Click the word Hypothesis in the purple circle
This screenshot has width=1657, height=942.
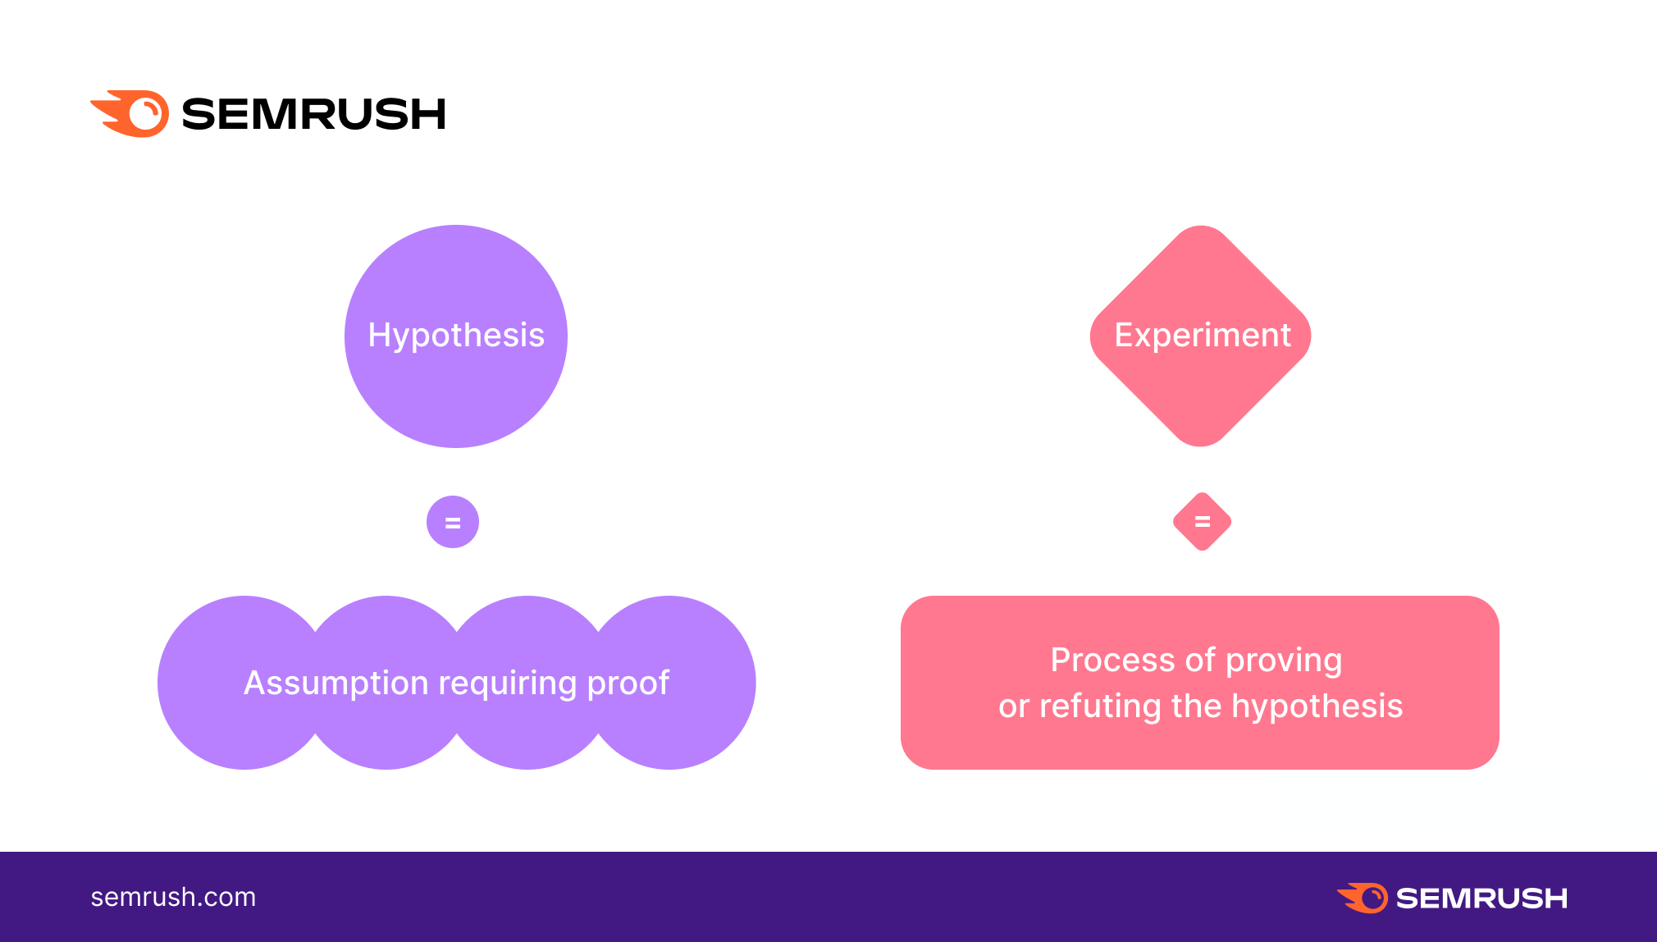tap(456, 336)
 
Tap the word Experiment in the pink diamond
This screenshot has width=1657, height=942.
tap(1203, 336)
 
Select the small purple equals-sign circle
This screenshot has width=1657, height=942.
tap(453, 522)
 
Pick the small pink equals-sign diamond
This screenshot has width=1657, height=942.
tap(1203, 522)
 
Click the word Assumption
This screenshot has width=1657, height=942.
tap(336, 684)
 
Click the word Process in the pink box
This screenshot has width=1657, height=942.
tap(1113, 661)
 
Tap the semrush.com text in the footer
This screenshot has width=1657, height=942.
tap(173, 897)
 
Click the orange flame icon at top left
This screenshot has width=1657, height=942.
tap(130, 113)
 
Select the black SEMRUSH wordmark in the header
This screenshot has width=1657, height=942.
tap(313, 114)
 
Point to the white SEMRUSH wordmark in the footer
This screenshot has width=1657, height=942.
tap(1481, 899)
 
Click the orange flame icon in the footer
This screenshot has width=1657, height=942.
tap(1363, 898)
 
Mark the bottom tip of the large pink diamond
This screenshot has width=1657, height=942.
tap(1201, 446)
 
